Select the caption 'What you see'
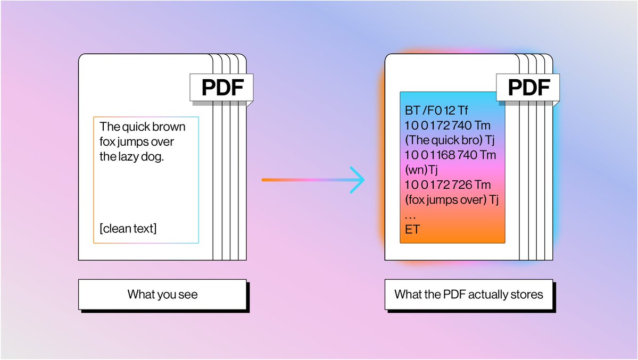[162, 294]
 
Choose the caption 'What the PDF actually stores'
[469, 294]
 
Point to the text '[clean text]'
[128, 229]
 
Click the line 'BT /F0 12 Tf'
[436, 111]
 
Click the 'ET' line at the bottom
[412, 229]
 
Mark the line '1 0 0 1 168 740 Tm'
[450, 155]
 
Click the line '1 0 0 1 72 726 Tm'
[448, 185]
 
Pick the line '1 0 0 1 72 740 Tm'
[448, 126]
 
